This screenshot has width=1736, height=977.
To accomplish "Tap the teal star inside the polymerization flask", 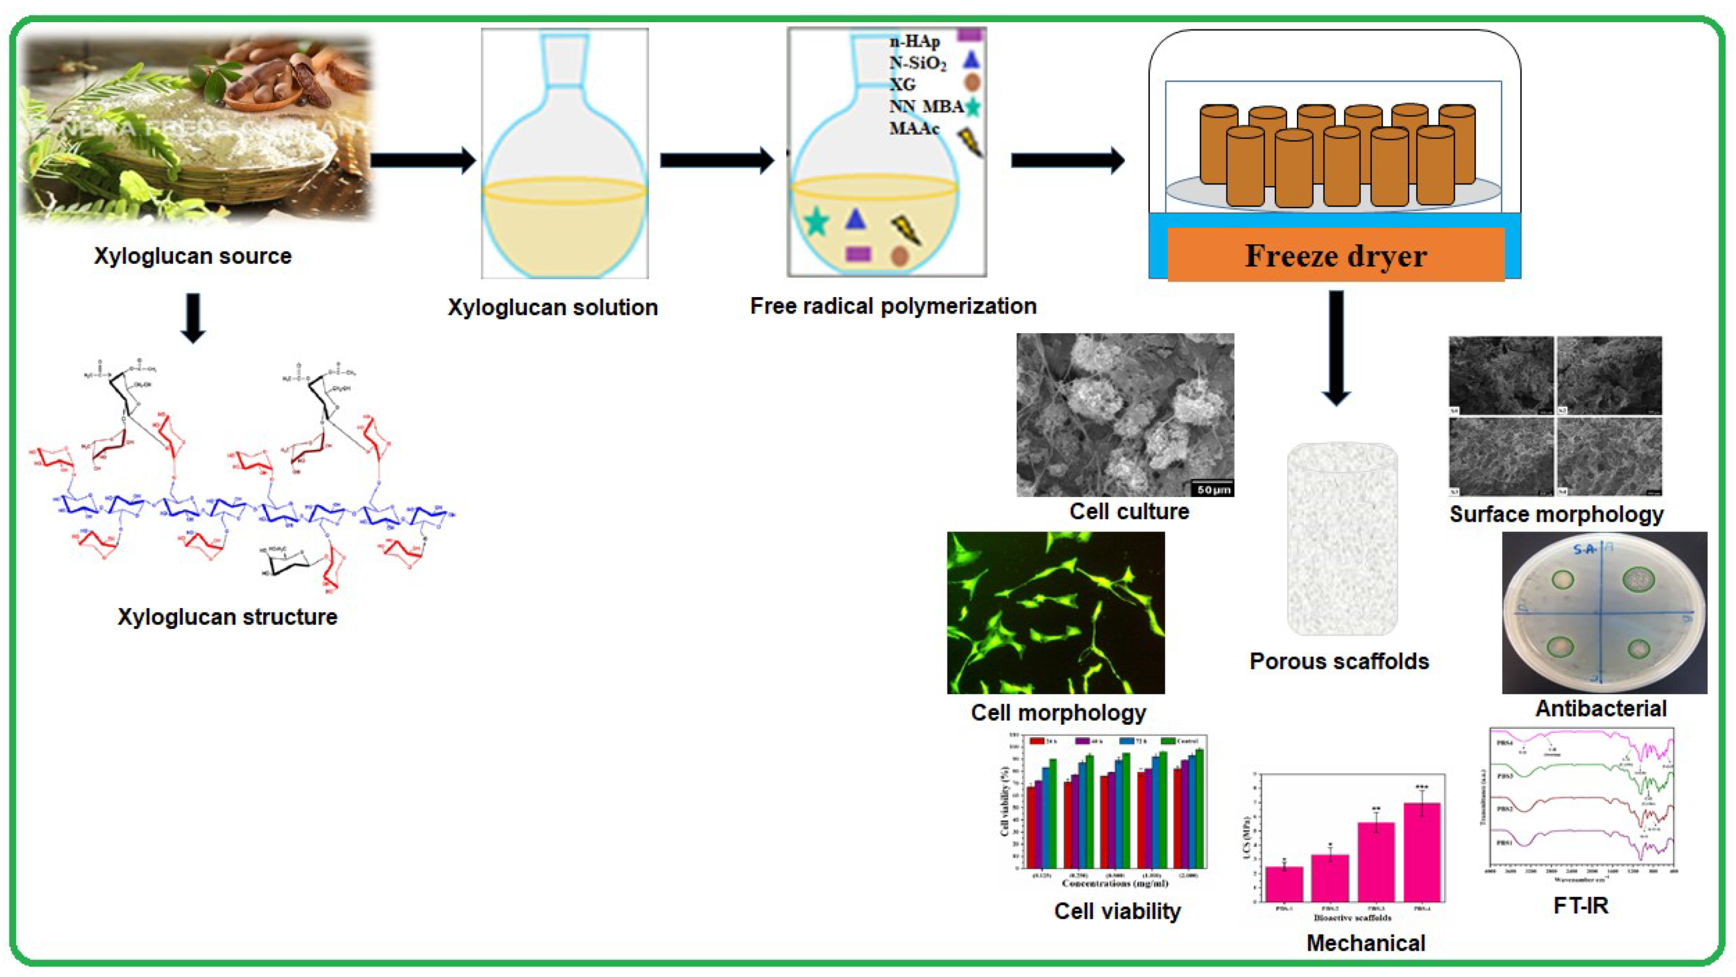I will point(816,221).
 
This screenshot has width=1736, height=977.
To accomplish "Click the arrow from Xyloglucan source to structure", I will point(193,318).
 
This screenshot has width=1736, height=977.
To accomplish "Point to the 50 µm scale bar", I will point(1213,489).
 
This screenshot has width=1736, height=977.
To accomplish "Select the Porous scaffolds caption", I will point(1339,661).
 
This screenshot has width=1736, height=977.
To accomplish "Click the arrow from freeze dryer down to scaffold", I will point(1336,347).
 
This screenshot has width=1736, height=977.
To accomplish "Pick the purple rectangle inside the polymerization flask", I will point(858,254).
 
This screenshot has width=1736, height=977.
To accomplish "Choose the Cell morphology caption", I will point(1058,713).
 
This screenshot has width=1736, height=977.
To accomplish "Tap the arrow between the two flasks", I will point(716,160).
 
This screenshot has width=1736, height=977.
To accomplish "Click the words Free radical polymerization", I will point(893,306).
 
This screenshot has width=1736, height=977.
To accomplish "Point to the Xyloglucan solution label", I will point(553,307).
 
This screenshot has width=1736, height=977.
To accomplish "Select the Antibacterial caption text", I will point(1600,709).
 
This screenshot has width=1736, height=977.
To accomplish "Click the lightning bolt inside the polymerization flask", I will point(906,230).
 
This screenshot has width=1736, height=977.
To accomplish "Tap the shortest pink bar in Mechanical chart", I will point(1284,883).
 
